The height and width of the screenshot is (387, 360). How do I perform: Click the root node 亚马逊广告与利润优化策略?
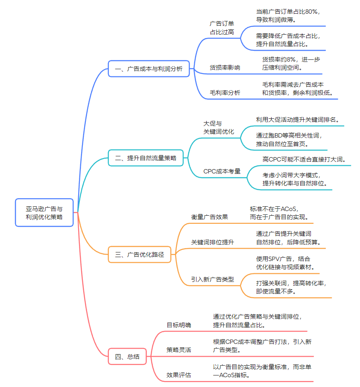click(x=44, y=212)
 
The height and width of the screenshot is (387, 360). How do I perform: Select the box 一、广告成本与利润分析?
click(x=149, y=68)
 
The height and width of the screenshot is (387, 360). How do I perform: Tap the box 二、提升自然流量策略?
click(x=146, y=158)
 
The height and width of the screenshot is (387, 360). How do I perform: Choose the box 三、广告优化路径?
click(x=139, y=255)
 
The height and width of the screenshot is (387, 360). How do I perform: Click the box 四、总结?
click(x=127, y=357)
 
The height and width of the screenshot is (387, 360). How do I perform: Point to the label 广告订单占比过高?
click(x=222, y=27)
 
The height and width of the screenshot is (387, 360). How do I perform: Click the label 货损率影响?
click(x=225, y=67)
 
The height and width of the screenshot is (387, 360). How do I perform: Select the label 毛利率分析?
click(x=225, y=93)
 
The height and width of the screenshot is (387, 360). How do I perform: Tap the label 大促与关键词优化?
click(x=219, y=127)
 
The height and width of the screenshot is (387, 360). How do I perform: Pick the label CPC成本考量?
click(x=222, y=171)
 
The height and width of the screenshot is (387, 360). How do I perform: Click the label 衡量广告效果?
click(x=209, y=217)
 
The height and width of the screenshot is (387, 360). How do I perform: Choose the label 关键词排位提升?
click(x=212, y=242)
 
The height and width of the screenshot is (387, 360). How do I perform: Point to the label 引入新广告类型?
click(x=212, y=279)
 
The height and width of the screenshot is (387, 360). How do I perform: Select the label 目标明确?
click(x=179, y=325)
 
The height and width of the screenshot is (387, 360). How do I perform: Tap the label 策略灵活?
click(x=179, y=350)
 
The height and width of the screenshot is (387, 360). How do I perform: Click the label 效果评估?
click(x=179, y=375)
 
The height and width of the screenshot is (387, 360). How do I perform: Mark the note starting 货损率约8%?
click(x=291, y=63)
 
